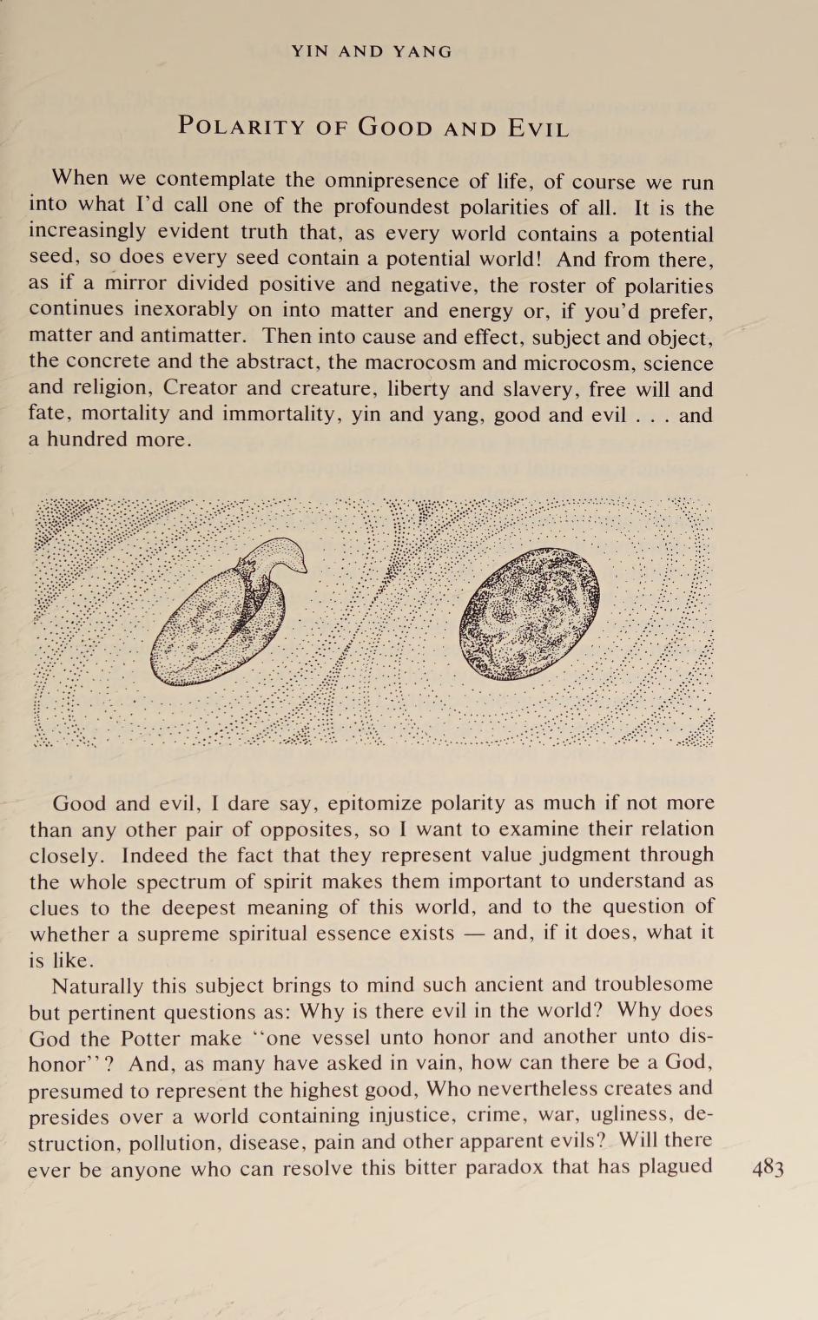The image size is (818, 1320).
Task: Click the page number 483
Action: pyautogui.click(x=768, y=1168)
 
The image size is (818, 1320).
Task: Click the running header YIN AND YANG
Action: pyautogui.click(x=372, y=51)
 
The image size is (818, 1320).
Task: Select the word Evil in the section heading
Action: pyautogui.click(x=538, y=129)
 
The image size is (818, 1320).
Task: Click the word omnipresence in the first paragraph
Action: pyautogui.click(x=393, y=181)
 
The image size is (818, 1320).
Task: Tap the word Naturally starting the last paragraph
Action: pyautogui.click(x=99, y=986)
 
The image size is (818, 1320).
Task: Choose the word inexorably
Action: pyautogui.click(x=184, y=310)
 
